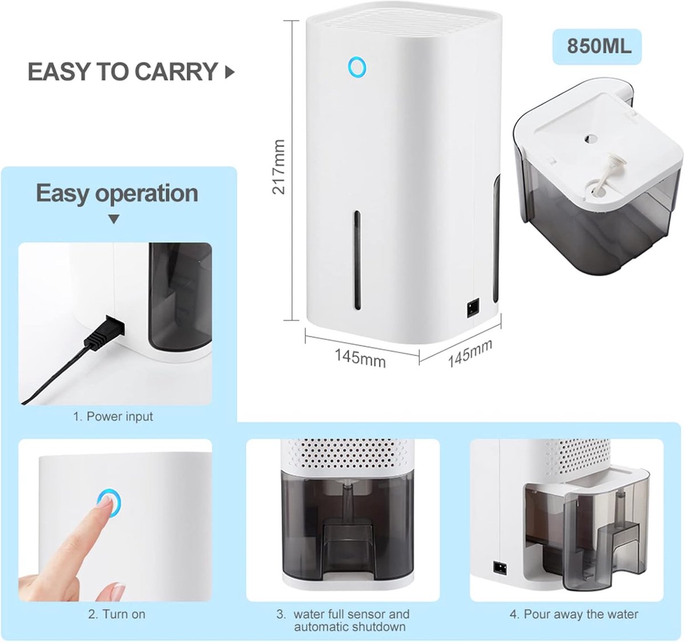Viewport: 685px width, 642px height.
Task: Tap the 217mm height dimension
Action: (279, 167)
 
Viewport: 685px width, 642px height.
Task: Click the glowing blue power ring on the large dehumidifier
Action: (357, 67)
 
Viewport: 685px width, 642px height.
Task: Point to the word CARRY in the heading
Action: (176, 72)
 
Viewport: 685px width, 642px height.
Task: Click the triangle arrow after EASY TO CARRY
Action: (229, 72)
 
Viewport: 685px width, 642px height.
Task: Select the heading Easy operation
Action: (117, 193)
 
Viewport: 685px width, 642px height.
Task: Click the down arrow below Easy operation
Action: (114, 219)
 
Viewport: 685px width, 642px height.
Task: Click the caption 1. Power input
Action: (113, 417)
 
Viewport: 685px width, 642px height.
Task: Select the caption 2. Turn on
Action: (116, 614)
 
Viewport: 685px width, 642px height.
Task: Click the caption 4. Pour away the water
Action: (574, 614)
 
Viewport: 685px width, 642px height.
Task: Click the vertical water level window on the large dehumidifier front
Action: (358, 260)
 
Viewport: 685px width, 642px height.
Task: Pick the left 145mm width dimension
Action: (360, 358)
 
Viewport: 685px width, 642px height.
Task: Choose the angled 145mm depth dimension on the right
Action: (470, 353)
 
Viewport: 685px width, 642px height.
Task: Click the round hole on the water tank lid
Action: (590, 140)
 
